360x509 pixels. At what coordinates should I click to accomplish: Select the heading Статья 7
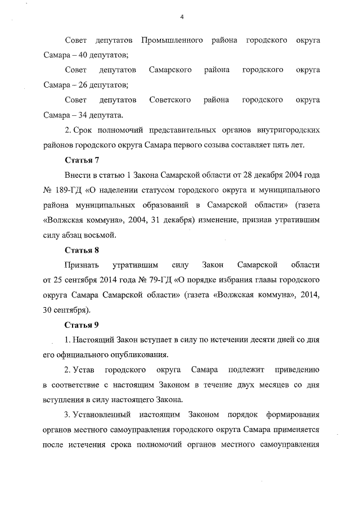[x=82, y=160]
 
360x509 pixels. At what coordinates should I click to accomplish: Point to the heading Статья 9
[x=82, y=325]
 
